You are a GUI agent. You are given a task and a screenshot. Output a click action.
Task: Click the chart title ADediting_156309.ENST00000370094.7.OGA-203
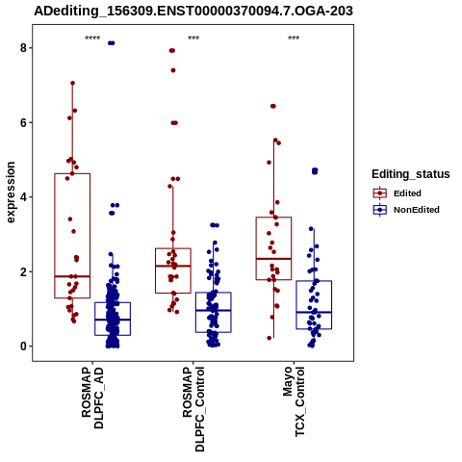(193, 11)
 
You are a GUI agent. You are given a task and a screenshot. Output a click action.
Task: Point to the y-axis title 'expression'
(11, 192)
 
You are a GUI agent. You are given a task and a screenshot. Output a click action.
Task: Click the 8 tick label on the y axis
(23, 48)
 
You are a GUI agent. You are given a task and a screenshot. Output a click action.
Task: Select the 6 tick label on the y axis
(23, 122)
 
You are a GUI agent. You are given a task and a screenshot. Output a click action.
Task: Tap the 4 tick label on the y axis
(23, 197)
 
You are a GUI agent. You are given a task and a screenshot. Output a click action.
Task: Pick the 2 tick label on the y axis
(23, 271)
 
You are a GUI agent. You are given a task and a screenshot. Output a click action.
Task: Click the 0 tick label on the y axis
(23, 346)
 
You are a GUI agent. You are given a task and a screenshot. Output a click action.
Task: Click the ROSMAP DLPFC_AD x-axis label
(92, 398)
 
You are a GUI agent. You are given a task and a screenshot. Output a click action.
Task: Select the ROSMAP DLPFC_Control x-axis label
(193, 409)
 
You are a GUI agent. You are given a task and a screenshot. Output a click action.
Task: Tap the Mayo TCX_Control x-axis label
(294, 401)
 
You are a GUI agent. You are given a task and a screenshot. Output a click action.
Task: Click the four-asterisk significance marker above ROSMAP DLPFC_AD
(92, 38)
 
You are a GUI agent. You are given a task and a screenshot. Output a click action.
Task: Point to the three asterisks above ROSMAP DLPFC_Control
(193, 38)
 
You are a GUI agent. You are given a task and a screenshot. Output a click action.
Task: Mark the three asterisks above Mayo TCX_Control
(294, 38)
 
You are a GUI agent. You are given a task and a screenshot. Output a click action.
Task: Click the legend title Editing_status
(411, 174)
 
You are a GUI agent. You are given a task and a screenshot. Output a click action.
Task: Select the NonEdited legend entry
(406, 210)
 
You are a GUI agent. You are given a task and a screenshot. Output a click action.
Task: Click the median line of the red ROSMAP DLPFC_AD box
(72, 276)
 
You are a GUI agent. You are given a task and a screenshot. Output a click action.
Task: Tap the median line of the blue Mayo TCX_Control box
(314, 312)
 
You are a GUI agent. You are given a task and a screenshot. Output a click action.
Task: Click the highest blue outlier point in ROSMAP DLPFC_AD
(112, 43)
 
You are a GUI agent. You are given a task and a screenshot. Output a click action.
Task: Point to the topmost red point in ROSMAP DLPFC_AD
(72, 83)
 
